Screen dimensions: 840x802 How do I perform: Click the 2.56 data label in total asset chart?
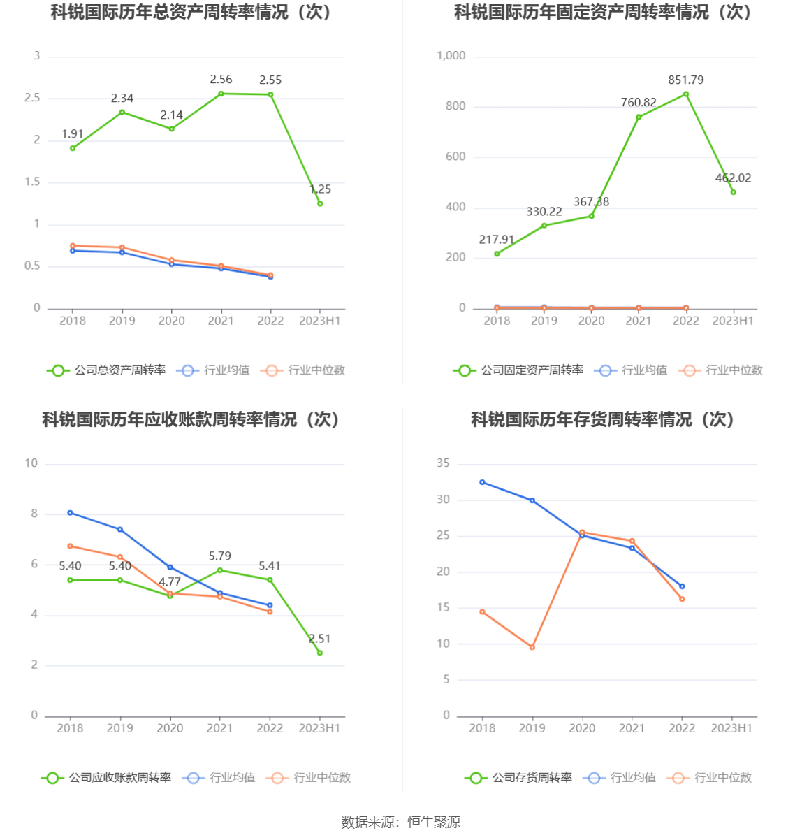click(x=221, y=80)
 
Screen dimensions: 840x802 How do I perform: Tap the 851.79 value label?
click(x=685, y=80)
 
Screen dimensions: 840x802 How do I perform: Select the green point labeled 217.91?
click(x=497, y=254)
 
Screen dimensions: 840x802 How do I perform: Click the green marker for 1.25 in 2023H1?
click(x=320, y=203)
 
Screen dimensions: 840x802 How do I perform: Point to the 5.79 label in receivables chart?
click(x=219, y=556)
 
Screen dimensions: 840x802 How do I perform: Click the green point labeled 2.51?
click(x=320, y=653)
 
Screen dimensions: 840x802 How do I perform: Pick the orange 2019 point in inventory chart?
click(x=532, y=647)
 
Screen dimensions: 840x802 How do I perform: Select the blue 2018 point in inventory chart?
click(x=482, y=482)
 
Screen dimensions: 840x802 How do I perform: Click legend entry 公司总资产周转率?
click(x=107, y=370)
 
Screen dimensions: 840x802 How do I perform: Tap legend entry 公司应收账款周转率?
click(x=107, y=778)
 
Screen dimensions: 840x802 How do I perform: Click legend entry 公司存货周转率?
click(x=518, y=778)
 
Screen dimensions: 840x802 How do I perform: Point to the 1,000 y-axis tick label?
click(x=451, y=56)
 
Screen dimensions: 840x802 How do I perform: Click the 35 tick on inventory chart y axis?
click(x=443, y=463)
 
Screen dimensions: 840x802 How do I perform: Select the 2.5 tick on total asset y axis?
click(x=32, y=98)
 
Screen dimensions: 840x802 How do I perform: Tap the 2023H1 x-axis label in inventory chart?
click(x=731, y=728)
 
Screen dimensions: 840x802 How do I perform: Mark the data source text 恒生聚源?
click(x=434, y=823)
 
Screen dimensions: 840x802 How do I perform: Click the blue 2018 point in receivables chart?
click(x=70, y=513)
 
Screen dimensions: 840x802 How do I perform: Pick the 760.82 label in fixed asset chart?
click(x=639, y=103)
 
